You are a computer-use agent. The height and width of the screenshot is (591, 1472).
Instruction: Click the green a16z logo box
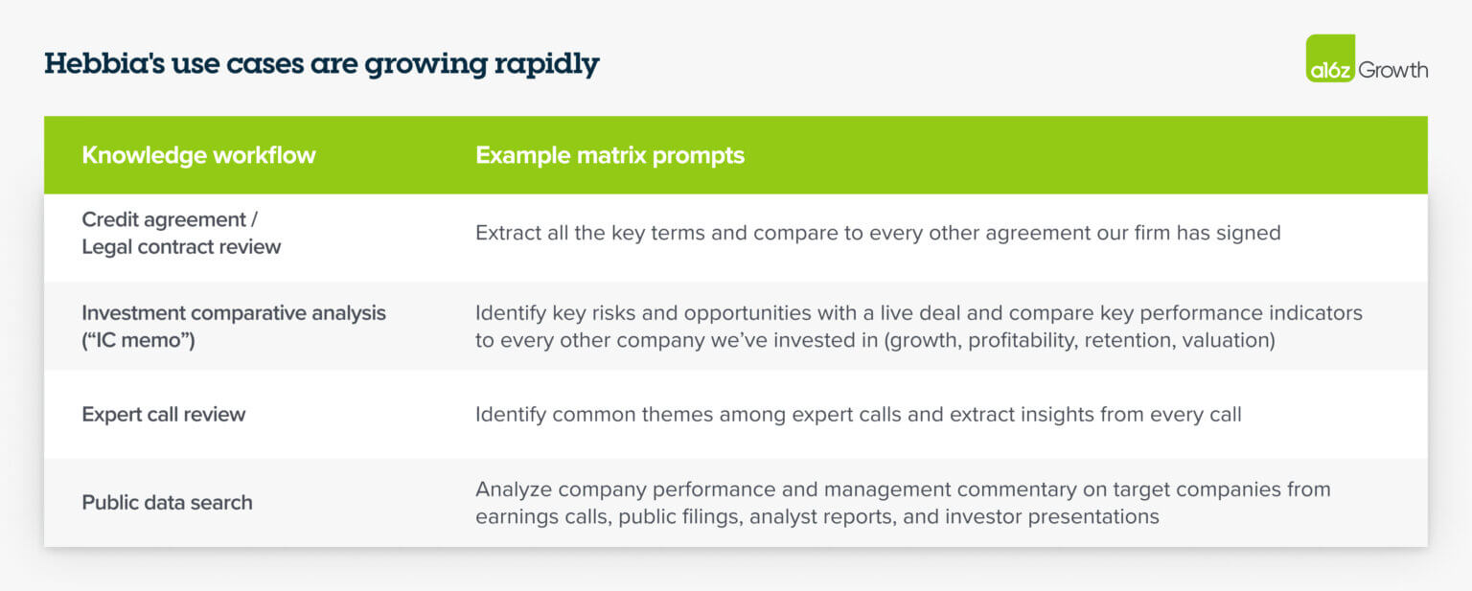[x=1330, y=59]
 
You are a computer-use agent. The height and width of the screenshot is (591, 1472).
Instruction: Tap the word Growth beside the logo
[x=1392, y=70]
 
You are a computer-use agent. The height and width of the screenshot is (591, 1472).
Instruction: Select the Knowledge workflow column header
[x=198, y=155]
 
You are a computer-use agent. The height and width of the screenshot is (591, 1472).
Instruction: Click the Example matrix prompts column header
[x=609, y=155]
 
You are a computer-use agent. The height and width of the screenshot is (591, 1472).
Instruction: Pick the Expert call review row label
[x=164, y=415]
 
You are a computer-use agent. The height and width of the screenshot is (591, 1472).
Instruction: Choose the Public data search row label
[x=167, y=503]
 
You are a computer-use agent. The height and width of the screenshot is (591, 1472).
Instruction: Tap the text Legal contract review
[x=181, y=247]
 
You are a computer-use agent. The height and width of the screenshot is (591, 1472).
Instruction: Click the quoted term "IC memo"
[x=138, y=340]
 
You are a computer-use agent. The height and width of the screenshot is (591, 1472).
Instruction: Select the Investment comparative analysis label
[x=233, y=313]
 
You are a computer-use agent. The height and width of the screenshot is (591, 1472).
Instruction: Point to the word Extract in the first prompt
[x=509, y=233]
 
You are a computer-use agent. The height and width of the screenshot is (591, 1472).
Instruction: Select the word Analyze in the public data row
[x=513, y=489]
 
